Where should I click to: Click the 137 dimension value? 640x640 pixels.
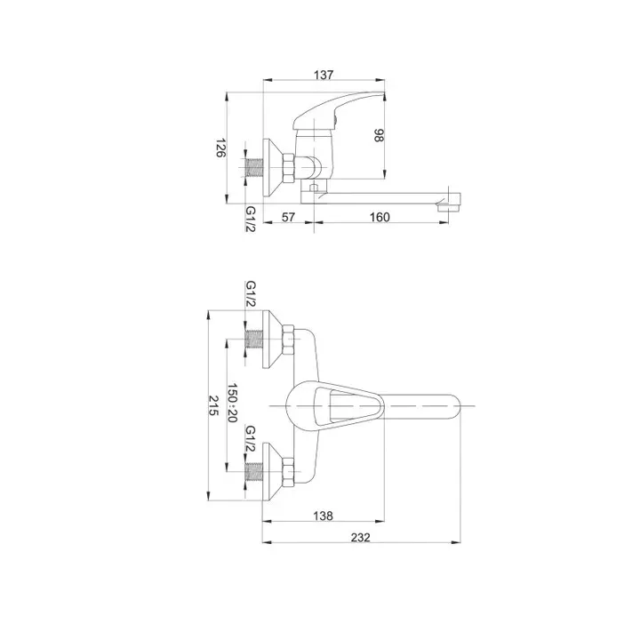[x=324, y=75]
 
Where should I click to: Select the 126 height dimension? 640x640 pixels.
[x=220, y=148]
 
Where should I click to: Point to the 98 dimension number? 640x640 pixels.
[x=379, y=135]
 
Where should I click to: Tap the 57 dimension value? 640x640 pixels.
[x=288, y=217]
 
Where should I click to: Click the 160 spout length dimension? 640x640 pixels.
[x=380, y=217]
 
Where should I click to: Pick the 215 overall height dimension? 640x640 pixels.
[x=214, y=405]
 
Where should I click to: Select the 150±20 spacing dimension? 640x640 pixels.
[x=232, y=403]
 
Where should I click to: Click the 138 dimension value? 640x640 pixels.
[x=323, y=516]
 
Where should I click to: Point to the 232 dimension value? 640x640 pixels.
[x=360, y=538]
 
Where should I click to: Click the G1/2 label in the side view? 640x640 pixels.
[x=250, y=219]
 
